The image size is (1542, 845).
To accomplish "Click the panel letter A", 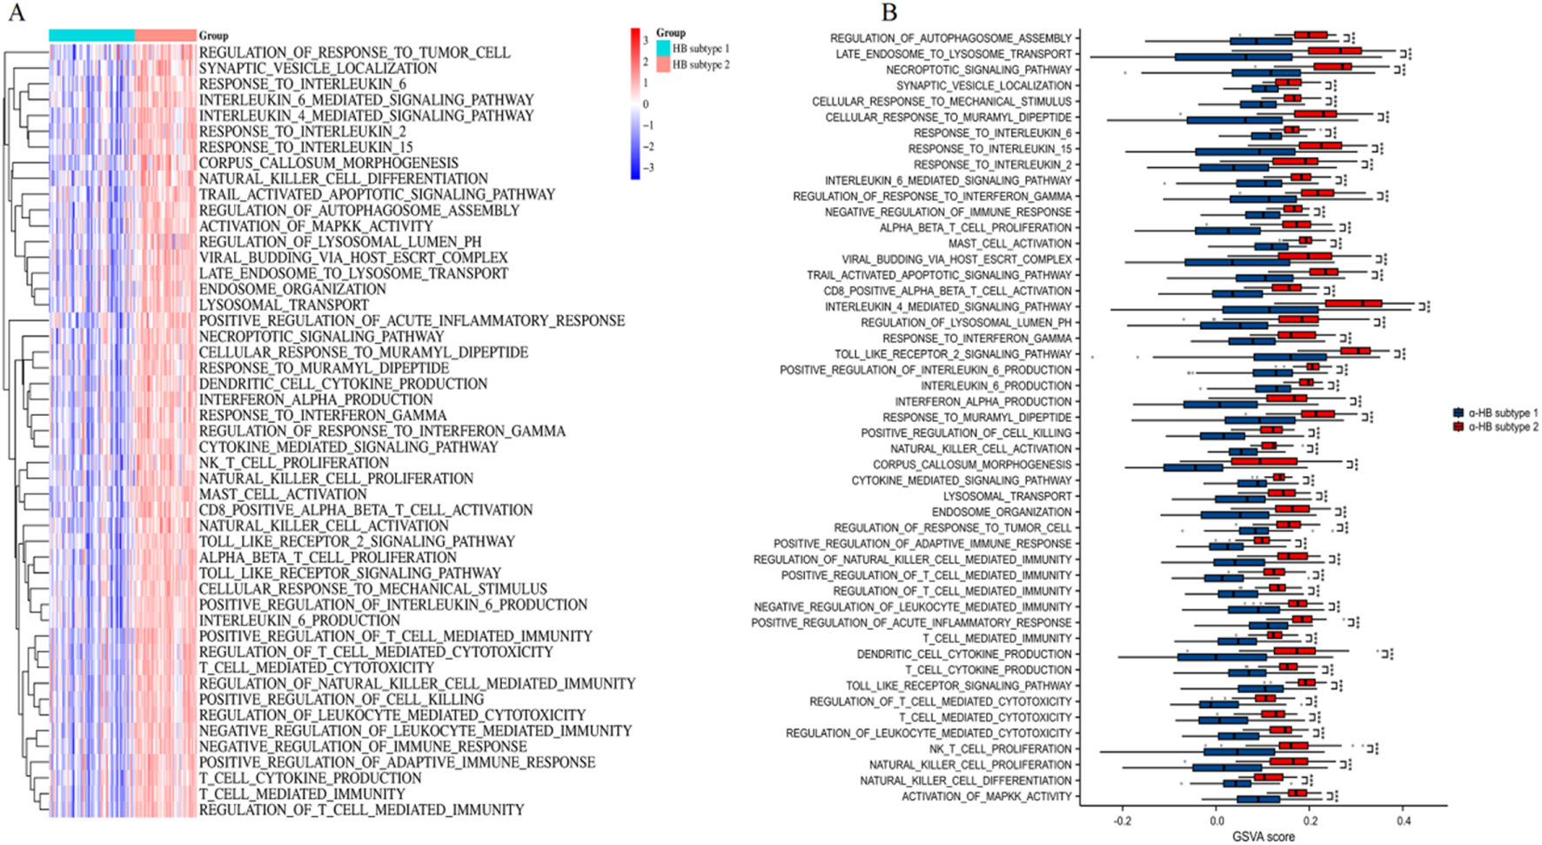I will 15,14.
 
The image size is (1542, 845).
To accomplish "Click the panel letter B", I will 888,13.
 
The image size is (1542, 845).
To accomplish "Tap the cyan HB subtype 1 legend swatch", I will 663,49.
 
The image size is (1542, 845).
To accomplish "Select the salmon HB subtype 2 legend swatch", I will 663,65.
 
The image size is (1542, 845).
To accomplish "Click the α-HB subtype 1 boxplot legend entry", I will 1458,413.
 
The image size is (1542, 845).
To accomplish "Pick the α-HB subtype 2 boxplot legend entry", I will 1458,427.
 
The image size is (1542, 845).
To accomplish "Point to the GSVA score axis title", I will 1263,836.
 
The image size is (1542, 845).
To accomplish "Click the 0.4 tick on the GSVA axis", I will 1404,821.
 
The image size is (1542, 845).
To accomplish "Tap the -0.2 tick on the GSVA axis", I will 1123,821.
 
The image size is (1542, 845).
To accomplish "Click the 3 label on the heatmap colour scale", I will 646,41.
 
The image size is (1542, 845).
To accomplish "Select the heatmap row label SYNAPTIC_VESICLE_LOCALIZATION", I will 318,68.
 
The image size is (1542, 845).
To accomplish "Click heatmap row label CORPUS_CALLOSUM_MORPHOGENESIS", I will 328,163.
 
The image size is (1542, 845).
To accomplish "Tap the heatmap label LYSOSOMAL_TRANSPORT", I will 284,305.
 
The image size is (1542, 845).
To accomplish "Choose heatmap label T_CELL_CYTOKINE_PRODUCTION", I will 310,778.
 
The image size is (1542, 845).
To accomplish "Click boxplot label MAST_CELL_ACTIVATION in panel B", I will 1009,244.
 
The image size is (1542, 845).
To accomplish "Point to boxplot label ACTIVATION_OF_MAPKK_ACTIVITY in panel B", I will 986,796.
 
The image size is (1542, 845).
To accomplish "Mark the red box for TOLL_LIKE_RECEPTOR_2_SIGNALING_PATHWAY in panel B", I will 1355,351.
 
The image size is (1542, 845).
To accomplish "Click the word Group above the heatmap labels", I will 213,36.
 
